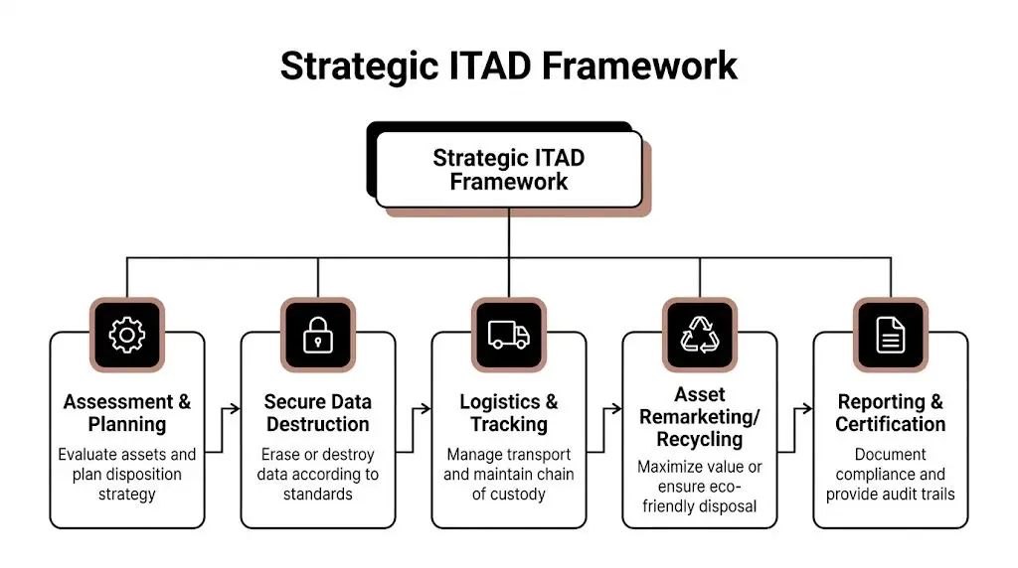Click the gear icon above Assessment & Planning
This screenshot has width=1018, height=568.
coord(127,336)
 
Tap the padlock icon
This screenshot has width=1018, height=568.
coord(318,336)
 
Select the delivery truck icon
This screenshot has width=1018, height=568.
coord(509,336)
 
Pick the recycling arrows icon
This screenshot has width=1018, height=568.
coord(700,336)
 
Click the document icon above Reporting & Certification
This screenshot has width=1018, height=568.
coord(891,336)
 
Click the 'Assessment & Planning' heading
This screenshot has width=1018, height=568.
coord(127,413)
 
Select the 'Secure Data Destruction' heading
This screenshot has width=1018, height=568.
coord(318,413)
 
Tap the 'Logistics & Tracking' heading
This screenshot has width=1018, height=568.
coord(509,413)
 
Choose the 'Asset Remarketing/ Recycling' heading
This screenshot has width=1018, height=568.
coord(700,416)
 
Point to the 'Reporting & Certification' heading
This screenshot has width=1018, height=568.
coord(891,413)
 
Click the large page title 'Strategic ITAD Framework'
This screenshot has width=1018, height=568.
coord(509,66)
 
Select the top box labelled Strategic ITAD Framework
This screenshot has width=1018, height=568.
coord(509,170)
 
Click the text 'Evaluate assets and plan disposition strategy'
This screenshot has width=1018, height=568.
coord(127,474)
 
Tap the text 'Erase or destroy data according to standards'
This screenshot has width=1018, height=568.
coord(318,474)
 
